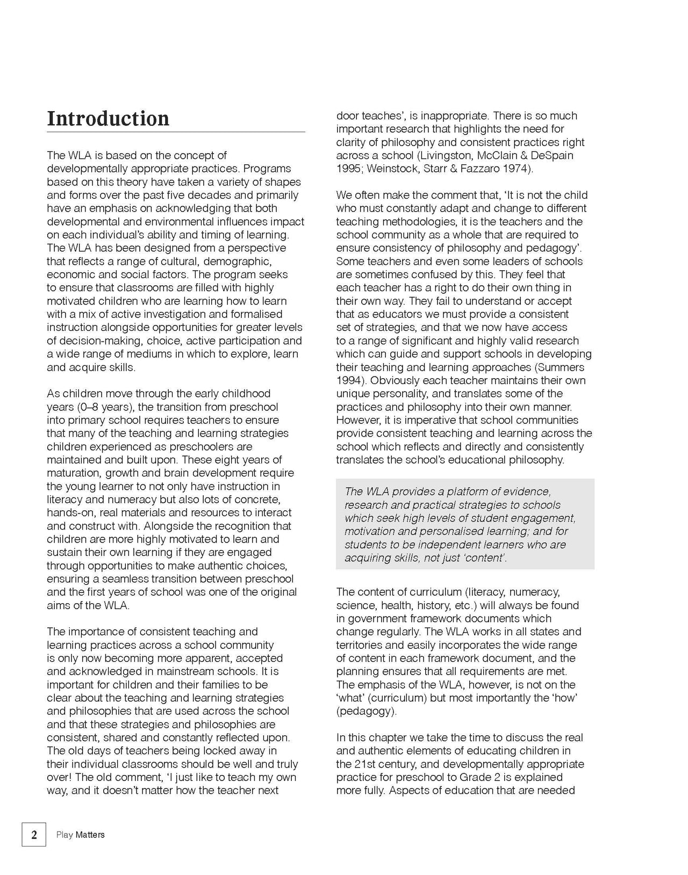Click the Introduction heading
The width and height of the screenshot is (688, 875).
[108, 119]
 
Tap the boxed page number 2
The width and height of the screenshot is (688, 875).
[34, 835]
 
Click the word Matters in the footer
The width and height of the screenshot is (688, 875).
[90, 835]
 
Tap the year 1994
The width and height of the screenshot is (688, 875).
[348, 381]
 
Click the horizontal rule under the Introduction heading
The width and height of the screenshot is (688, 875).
[176, 132]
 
